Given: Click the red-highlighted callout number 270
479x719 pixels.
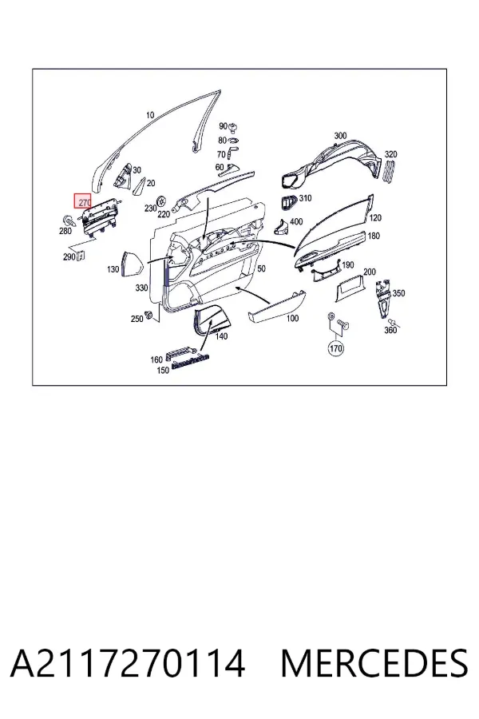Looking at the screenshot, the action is click(83, 201).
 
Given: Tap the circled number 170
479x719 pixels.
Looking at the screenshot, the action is click(336, 349).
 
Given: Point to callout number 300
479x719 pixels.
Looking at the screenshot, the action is click(340, 136).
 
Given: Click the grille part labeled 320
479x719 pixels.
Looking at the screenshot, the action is click(388, 173).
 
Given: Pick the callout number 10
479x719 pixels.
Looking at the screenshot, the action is click(150, 115).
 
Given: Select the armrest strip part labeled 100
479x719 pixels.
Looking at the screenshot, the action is click(276, 307).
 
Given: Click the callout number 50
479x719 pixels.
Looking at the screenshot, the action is click(261, 268).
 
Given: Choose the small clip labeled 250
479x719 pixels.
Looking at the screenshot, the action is click(148, 315).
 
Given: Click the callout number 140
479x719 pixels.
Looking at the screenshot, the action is click(221, 336).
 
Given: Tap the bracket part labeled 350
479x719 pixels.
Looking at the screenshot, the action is click(382, 296).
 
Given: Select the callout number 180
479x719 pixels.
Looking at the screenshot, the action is click(374, 236).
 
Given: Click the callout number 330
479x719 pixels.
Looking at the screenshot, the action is click(141, 288).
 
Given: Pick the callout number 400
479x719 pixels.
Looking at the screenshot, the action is click(296, 221).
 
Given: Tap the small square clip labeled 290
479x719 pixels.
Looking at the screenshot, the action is click(80, 256).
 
